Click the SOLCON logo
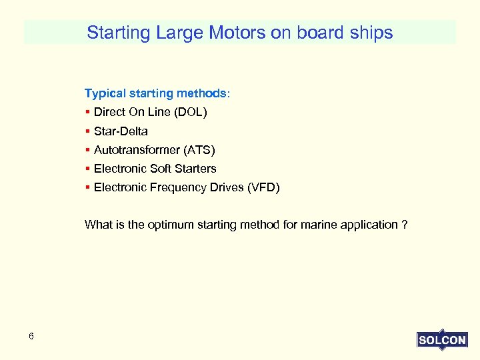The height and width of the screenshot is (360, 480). click(442, 340)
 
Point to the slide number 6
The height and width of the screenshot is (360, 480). click(31, 337)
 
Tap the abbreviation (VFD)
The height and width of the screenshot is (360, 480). click(263, 187)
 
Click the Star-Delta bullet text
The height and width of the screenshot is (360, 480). click(121, 131)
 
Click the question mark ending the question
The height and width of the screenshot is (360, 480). click(405, 225)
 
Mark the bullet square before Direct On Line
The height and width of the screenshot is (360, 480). click(88, 113)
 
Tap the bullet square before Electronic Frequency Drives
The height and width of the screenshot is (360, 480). click(88, 187)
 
